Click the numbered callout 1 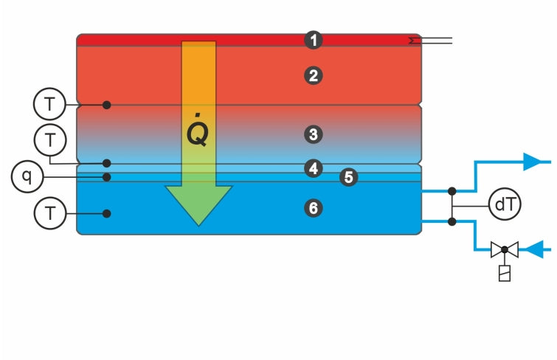315,40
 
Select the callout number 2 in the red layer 315,76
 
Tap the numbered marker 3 314,134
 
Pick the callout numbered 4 314,168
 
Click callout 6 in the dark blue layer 314,209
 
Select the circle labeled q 27,177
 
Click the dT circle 505,205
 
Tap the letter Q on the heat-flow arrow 197,134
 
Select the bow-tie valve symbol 505,250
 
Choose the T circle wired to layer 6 49,214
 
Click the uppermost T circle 49,105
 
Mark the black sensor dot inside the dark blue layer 107,214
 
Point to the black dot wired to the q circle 107,177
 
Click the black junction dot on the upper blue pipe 452,190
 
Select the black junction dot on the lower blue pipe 452,220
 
